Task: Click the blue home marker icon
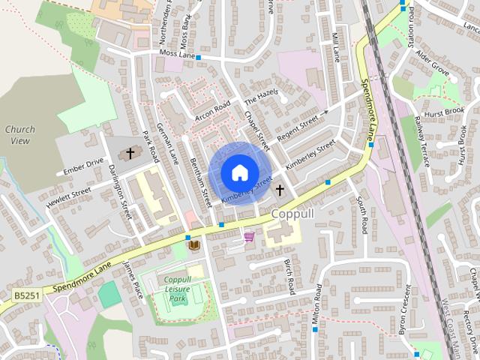(239, 172)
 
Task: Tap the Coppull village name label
(297, 214)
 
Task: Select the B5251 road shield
(27, 297)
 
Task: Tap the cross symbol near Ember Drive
(130, 154)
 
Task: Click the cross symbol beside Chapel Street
(280, 190)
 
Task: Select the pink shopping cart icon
(249, 237)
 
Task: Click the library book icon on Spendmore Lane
(193, 245)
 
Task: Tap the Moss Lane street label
(177, 54)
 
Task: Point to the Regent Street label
(298, 122)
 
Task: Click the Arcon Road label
(212, 110)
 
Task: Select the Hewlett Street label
(68, 197)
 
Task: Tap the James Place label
(133, 280)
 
